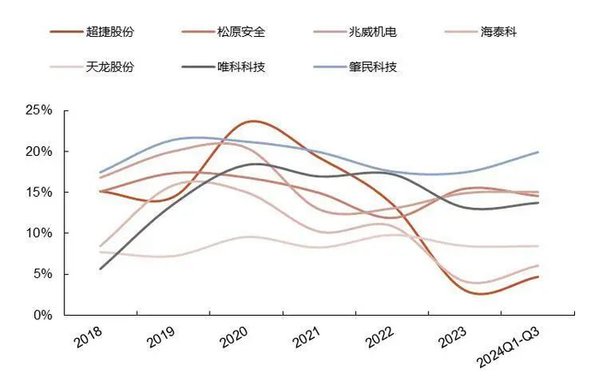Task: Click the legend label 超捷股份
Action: [x=110, y=33]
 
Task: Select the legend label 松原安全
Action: [x=240, y=33]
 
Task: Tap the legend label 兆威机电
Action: [x=372, y=33]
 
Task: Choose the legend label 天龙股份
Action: [x=110, y=66]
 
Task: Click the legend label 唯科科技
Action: [x=240, y=66]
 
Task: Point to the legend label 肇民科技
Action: [x=372, y=66]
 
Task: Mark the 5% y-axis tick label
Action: [x=42, y=274]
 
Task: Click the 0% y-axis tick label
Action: [x=42, y=315]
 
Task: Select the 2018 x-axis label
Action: [x=90, y=339]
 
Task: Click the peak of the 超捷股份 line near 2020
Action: [x=252, y=122]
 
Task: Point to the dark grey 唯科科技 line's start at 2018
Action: [x=101, y=269]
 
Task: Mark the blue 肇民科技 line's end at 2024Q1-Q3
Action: [x=538, y=152]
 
